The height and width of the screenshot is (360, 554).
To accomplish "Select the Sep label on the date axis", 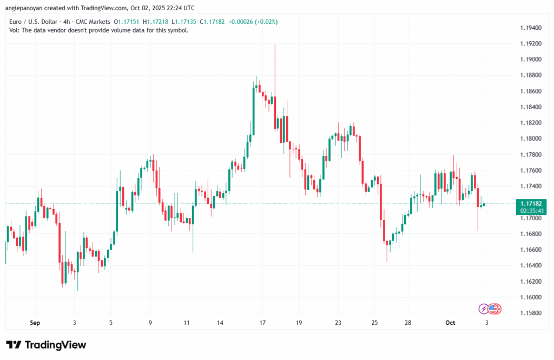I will coord(35,323).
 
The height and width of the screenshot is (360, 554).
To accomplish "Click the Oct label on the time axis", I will coord(450,323).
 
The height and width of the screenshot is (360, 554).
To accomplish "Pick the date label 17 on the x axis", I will coord(262,323).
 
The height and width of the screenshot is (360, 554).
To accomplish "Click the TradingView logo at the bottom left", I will coord(46,345).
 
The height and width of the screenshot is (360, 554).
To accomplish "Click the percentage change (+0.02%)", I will coord(266,22).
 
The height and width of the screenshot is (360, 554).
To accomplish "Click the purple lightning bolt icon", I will coord(484,309).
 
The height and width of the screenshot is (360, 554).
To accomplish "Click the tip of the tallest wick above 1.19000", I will coord(275,45).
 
